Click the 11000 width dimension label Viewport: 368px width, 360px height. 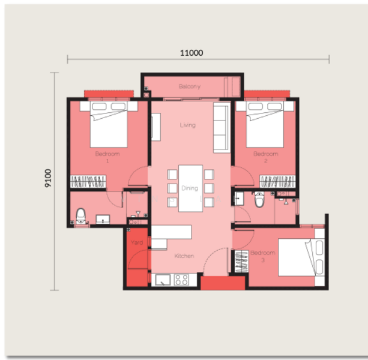coord(192,53)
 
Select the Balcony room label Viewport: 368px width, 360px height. coord(189,87)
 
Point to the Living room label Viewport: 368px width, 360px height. coord(188,125)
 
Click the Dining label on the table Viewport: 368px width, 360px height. coord(190,188)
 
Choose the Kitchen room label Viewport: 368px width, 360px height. coord(184,256)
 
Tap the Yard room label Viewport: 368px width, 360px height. coord(137,243)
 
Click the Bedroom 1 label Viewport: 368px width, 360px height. coord(107,157)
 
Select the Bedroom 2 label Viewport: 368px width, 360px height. coord(265,157)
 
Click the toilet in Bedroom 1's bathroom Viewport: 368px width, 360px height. coord(80,215)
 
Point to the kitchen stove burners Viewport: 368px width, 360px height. coord(181,279)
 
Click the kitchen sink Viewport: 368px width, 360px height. coord(162,279)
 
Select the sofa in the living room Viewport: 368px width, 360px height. coord(222,127)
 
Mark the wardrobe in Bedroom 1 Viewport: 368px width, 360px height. coord(89,181)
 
